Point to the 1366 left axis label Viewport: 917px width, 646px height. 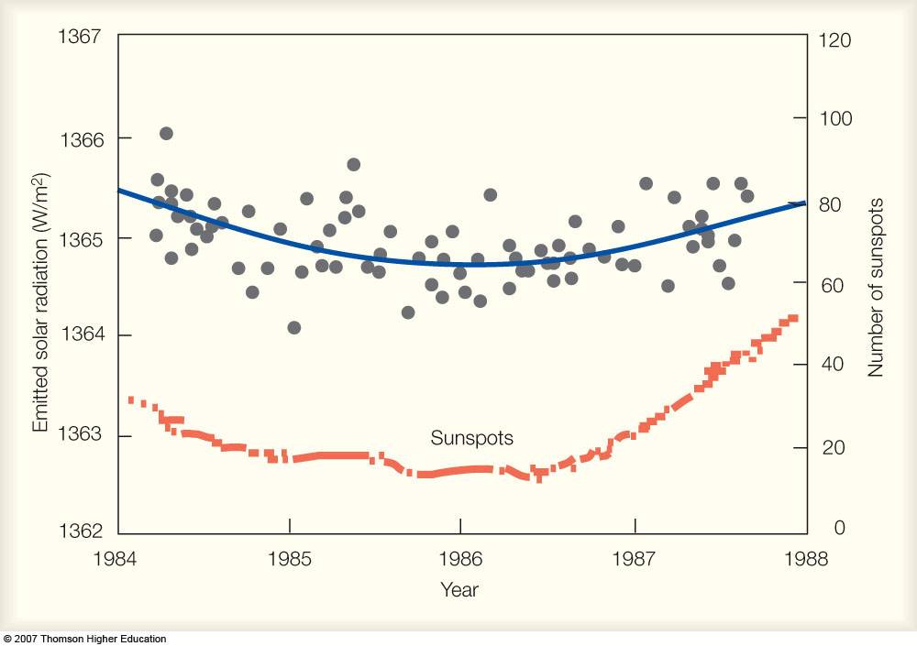(x=85, y=139)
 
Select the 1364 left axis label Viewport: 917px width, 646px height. (x=85, y=335)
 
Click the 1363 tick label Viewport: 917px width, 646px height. (x=85, y=435)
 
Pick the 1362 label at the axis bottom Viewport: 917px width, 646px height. (x=85, y=531)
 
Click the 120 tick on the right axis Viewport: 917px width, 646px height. (x=836, y=40)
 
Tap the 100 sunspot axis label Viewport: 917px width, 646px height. (x=836, y=119)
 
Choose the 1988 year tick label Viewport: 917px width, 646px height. (x=807, y=557)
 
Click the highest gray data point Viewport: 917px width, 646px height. (x=166, y=133)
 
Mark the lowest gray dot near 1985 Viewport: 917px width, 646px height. (x=293, y=327)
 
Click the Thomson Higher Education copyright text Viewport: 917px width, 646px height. (x=84, y=639)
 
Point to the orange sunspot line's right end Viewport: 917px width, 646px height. (x=793, y=318)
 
